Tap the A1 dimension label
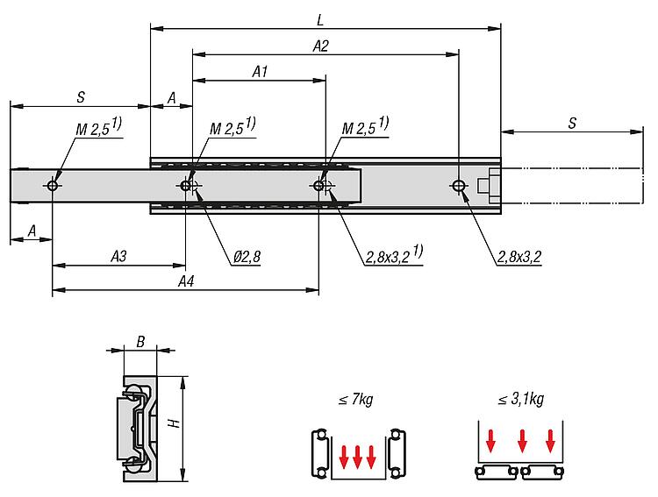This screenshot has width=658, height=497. click(260, 73)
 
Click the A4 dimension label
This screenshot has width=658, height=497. click(186, 280)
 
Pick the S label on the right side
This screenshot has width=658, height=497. click(571, 124)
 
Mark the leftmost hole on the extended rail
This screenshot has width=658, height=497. click(54, 186)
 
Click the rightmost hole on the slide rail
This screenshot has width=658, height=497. click(458, 186)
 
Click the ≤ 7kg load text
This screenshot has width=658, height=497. click(355, 400)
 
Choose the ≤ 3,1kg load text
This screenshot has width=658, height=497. click(521, 400)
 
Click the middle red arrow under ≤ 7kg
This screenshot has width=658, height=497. click(356, 455)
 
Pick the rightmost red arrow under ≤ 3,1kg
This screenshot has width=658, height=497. click(551, 440)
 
